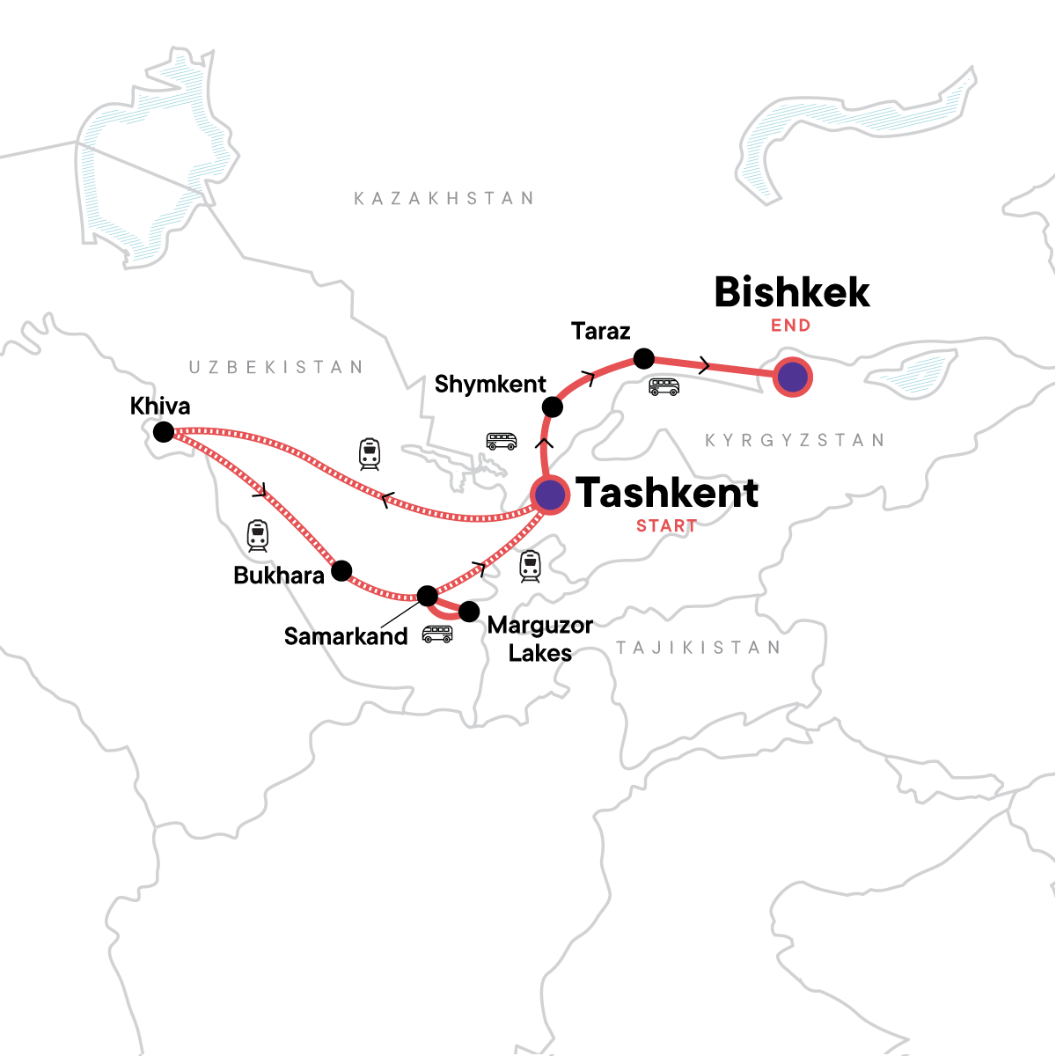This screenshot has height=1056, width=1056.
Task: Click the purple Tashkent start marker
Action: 550,495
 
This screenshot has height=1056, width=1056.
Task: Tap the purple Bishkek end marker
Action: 793,378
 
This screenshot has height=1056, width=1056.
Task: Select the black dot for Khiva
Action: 164,432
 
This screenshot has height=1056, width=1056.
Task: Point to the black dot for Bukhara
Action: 341,569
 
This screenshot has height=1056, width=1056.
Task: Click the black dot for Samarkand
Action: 427,596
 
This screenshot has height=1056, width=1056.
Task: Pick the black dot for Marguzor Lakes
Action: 469,611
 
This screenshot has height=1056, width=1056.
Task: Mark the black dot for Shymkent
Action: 552,407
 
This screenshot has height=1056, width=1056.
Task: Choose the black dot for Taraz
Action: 644,358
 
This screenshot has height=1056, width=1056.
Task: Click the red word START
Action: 666,526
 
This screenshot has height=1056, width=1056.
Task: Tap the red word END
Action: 790,326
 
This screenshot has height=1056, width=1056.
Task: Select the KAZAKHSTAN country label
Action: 444,199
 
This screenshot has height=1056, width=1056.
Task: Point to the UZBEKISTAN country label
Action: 275,367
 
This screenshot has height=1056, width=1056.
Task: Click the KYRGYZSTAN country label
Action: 794,440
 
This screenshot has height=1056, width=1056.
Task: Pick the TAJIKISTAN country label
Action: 698,649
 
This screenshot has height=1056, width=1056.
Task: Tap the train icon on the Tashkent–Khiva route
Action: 370,454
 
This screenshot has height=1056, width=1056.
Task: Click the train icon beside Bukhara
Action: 257,535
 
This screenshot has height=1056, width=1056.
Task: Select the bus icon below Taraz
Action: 664,386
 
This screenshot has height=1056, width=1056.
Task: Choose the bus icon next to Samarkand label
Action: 437,634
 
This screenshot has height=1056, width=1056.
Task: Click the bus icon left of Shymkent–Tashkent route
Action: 502,441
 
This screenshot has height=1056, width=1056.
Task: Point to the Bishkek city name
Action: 792,292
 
